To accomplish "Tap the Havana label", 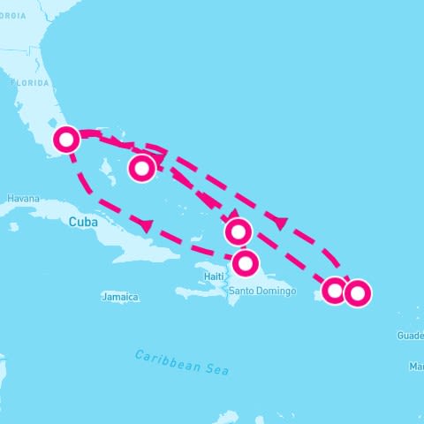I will pos(23,199).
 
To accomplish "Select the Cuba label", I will pos(80,223).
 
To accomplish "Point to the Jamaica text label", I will pos(120,298).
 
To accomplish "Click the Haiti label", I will pos(214,276).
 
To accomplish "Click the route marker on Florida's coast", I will pos(66,140).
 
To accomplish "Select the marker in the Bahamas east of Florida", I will pos(142,167).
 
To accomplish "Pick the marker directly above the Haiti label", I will pos(246,262).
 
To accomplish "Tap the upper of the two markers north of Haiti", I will pos(238,232).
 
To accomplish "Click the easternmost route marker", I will pos(357,292).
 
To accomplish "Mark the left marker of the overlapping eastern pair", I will pos(334,290).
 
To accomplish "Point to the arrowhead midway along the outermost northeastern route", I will pos(282,222).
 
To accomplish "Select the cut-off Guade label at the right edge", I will pos(410,336).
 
